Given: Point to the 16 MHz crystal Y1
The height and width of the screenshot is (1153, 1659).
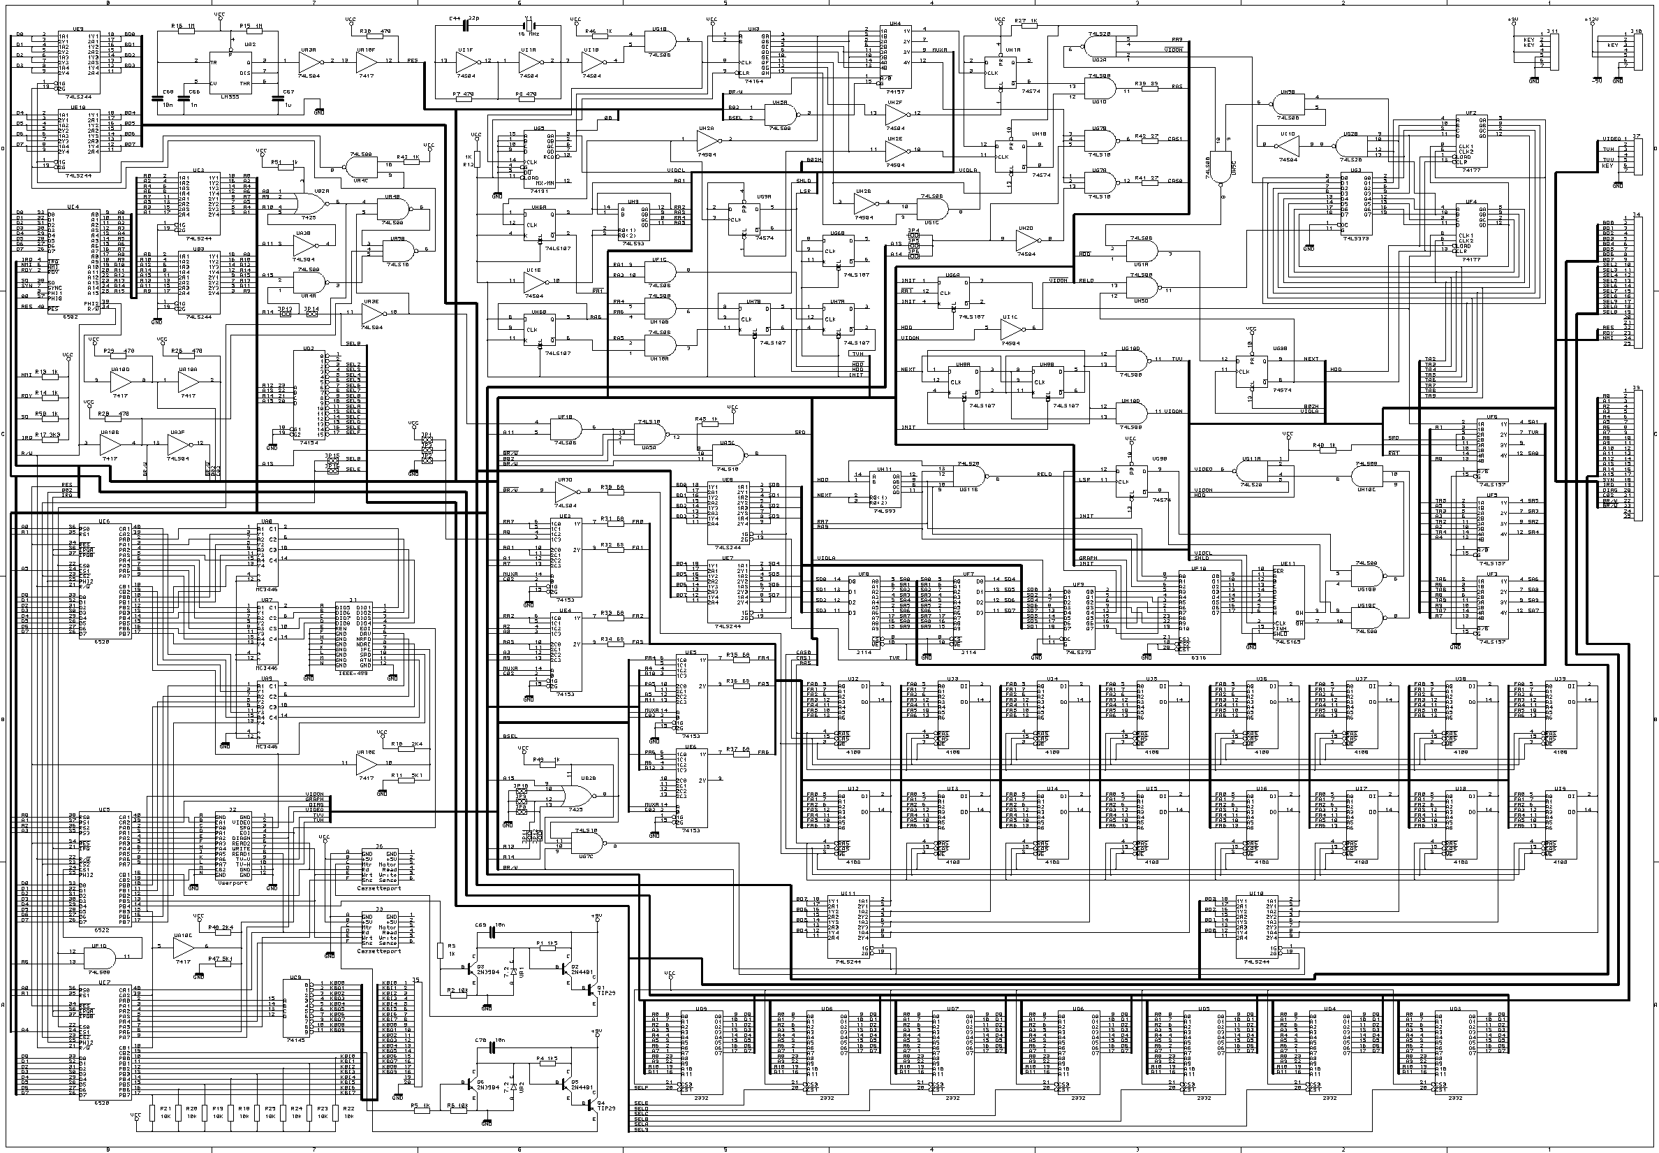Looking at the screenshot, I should pos(529,26).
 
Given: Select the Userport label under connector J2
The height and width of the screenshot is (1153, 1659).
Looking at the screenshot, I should pos(233,882).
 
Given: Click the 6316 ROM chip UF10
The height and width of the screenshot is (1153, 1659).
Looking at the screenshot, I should pos(1198,614).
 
